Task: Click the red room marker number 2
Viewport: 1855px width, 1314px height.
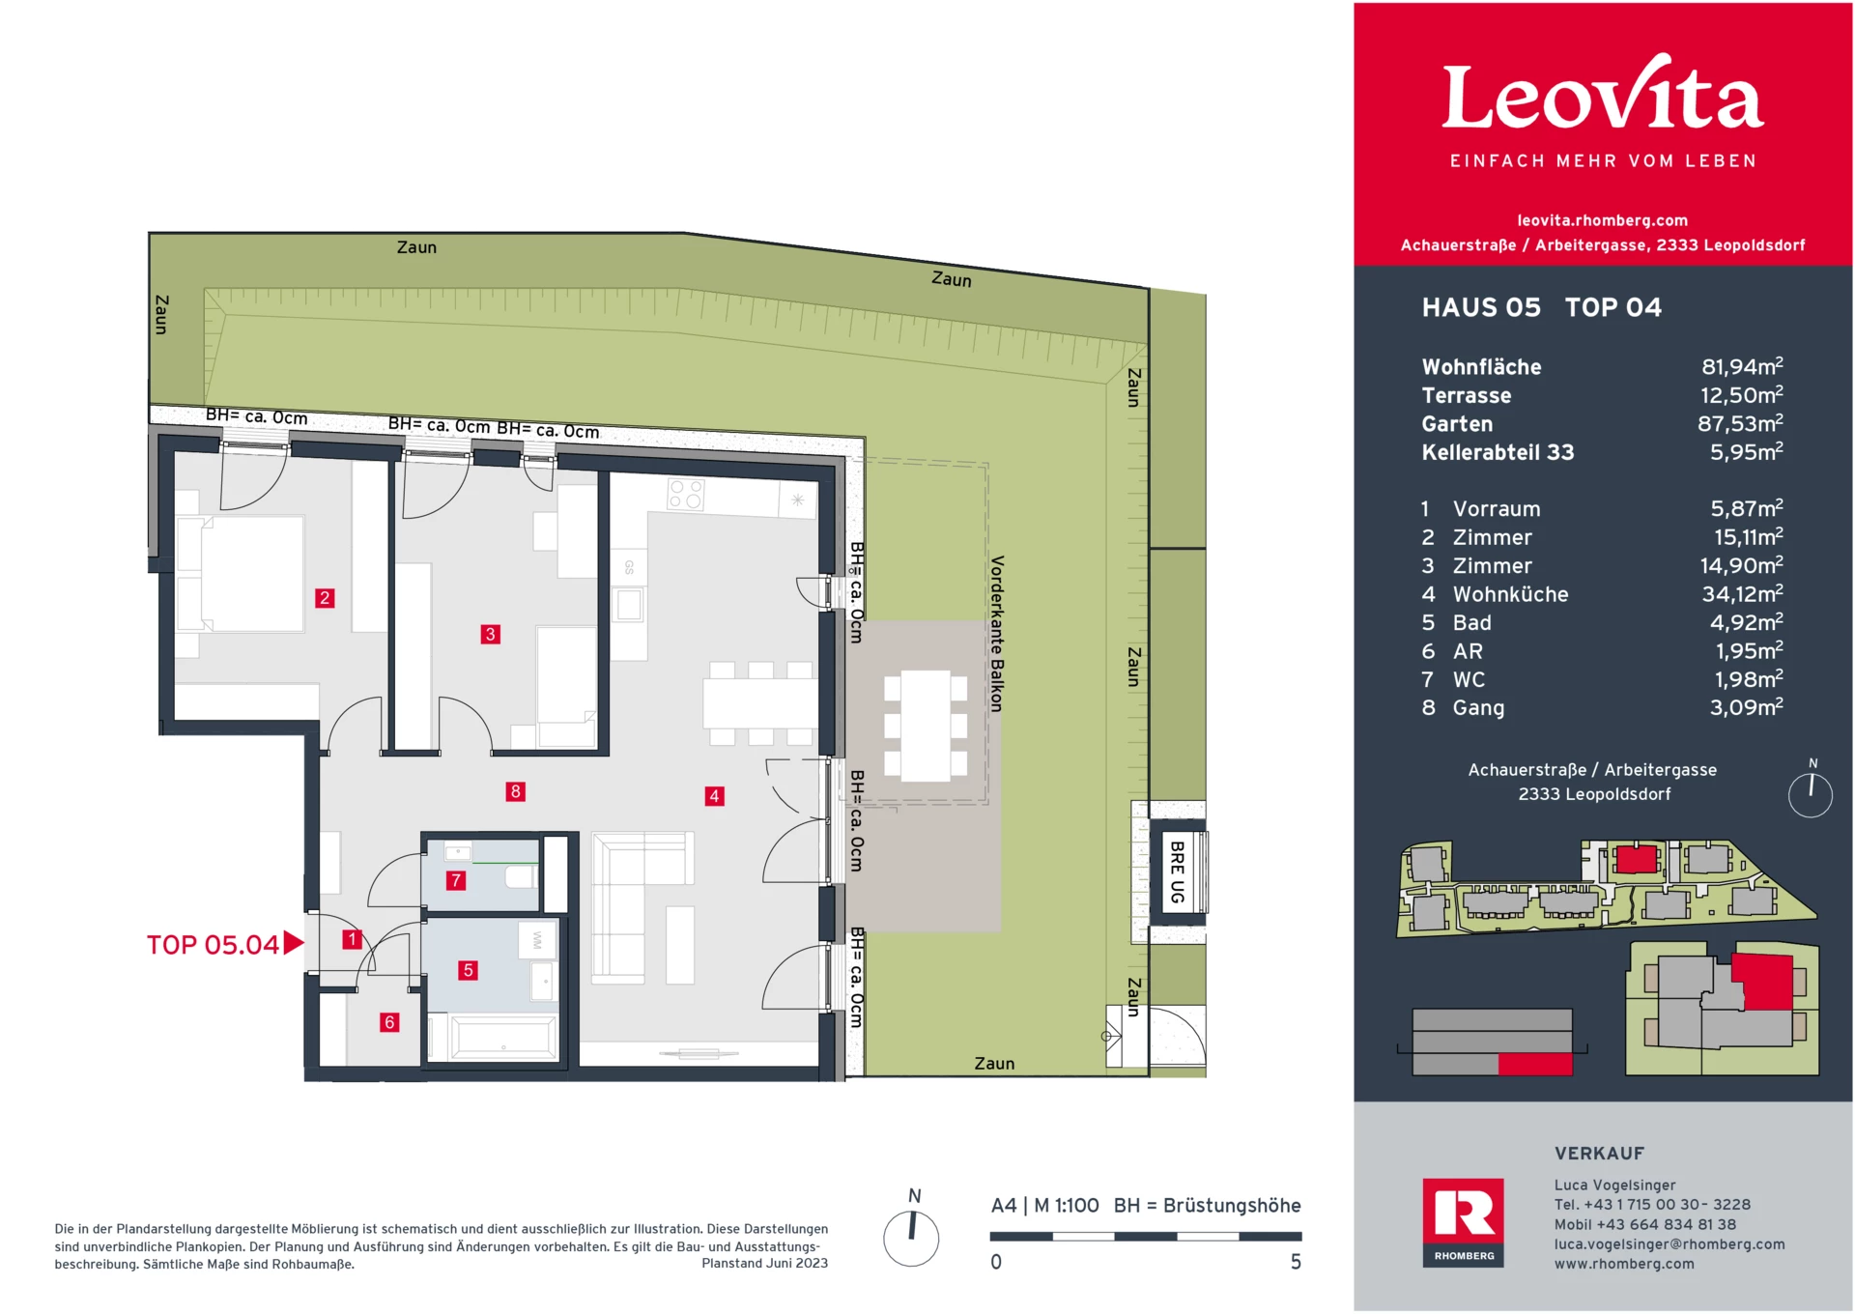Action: (325, 598)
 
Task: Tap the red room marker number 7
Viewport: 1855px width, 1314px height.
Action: (455, 880)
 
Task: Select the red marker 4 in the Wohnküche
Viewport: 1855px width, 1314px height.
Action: (714, 796)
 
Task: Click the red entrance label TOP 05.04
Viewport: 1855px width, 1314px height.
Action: (214, 944)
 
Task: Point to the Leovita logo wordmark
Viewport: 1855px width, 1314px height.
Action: (1602, 97)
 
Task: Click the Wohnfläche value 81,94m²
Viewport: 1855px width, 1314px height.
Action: (1741, 367)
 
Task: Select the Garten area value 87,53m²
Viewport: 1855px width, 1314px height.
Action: (1739, 424)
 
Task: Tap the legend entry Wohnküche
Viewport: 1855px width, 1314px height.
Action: (1510, 594)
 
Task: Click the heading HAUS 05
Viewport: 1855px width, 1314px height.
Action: (1481, 307)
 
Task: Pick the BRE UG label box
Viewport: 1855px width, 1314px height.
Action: (1177, 871)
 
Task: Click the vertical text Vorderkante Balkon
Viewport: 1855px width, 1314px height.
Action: (997, 634)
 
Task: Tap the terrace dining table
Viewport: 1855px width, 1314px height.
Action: (926, 726)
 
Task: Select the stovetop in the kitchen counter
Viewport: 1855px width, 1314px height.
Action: (686, 495)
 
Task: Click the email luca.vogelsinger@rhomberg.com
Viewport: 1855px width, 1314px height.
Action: (1669, 1244)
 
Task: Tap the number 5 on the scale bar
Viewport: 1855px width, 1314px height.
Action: (1296, 1262)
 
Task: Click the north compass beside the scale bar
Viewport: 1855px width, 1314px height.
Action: (911, 1237)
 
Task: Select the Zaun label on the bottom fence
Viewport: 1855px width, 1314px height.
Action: (994, 1063)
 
